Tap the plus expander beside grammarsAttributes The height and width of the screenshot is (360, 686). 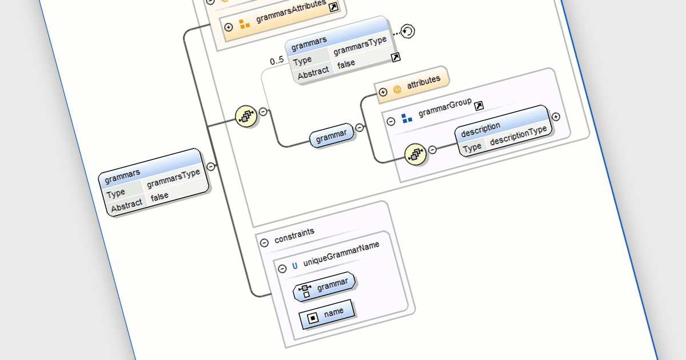(x=229, y=27)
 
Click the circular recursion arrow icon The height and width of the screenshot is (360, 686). (x=407, y=31)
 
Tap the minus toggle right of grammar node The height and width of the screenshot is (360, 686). (x=360, y=128)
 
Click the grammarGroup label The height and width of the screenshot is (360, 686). (x=445, y=108)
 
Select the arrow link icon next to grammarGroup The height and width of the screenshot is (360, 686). (x=479, y=105)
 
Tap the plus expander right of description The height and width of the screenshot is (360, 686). (x=555, y=117)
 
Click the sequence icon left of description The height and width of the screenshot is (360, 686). (x=416, y=154)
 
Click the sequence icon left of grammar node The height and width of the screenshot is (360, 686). (x=245, y=117)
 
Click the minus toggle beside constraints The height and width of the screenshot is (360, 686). (x=264, y=242)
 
